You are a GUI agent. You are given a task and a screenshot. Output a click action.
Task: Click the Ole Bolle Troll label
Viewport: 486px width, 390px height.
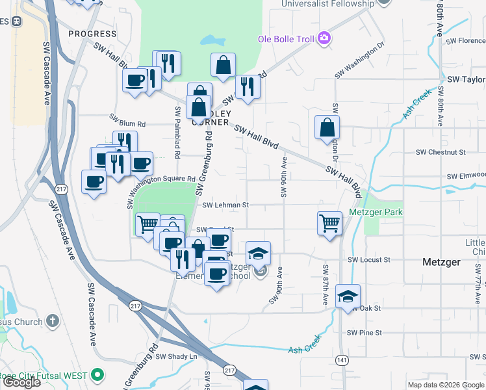tap(285, 38)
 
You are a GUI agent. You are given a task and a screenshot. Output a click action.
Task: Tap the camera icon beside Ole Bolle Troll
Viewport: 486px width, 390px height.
tap(323, 38)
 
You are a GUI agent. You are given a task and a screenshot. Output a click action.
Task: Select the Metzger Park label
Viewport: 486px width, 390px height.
tap(376, 213)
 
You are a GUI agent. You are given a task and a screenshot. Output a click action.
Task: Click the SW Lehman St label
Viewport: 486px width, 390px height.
tap(225, 205)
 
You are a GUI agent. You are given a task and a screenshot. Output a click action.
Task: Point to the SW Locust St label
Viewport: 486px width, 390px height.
tap(368, 259)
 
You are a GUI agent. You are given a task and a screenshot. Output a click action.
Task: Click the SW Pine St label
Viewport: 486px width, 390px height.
tap(364, 332)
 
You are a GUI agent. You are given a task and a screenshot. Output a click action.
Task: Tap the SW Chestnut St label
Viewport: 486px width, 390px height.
tap(441, 152)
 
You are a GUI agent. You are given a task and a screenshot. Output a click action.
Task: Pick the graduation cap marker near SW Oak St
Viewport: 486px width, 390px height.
tap(348, 296)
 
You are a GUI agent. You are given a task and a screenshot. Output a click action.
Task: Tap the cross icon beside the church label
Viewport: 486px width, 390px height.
tap(53, 321)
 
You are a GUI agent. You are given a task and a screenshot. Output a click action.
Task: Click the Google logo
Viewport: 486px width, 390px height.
tap(21, 382)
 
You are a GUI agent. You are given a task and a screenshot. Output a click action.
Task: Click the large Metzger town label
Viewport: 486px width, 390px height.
tap(441, 262)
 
